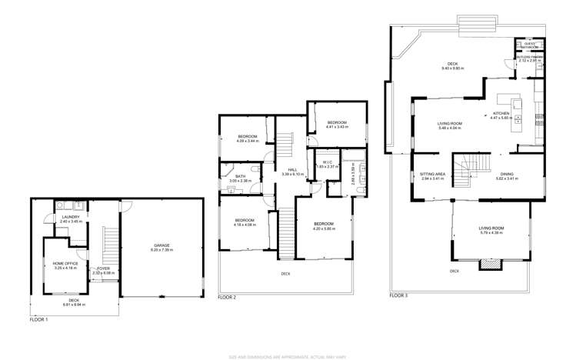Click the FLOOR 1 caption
tap(39, 319)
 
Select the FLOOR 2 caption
tap(227, 297)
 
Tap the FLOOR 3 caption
tap(398, 295)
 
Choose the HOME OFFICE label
tap(65, 264)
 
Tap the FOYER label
tap(103, 268)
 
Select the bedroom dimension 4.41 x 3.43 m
tap(338, 127)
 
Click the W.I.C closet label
tap(327, 162)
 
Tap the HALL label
tap(293, 170)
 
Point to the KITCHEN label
tap(501, 113)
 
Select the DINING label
tap(507, 174)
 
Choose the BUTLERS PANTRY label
tap(530, 57)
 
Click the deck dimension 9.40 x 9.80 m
tap(453, 68)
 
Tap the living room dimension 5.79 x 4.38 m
tap(491, 232)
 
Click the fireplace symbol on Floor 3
tap(489, 264)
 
